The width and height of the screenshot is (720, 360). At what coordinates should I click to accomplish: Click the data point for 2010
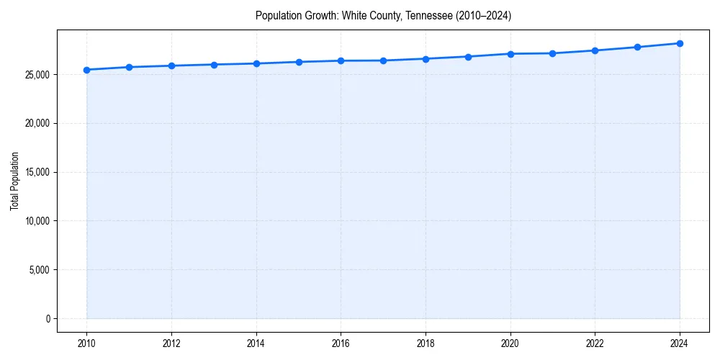click(86, 70)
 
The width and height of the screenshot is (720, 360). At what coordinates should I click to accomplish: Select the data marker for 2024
click(680, 43)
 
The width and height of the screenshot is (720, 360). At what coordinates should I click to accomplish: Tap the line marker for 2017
click(383, 60)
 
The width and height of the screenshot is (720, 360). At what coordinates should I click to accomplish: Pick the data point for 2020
click(510, 54)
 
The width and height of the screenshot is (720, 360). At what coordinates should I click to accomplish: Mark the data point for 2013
click(214, 65)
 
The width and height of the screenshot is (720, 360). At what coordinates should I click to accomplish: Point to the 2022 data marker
click(595, 50)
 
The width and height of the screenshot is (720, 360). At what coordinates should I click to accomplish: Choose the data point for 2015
click(299, 62)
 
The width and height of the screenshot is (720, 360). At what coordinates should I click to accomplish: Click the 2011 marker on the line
click(129, 67)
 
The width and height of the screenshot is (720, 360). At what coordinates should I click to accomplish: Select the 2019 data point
click(468, 57)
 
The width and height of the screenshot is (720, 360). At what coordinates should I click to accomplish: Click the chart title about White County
click(383, 16)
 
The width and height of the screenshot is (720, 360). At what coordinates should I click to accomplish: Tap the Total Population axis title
click(14, 181)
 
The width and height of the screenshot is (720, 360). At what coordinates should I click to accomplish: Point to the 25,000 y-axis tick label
click(36, 75)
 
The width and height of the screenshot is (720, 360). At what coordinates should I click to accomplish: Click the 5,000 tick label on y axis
click(38, 270)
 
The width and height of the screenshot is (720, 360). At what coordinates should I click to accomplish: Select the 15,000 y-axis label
click(36, 172)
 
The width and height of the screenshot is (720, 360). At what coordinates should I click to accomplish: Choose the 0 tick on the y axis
click(47, 319)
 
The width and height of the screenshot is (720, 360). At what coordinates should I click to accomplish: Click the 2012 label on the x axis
click(171, 343)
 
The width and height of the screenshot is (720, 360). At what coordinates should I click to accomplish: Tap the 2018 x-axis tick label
click(426, 343)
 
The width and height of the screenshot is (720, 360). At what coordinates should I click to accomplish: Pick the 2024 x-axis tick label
click(680, 343)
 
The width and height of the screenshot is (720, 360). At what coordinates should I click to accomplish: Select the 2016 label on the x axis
click(341, 343)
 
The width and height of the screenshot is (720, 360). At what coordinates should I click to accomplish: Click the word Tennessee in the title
click(433, 16)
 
